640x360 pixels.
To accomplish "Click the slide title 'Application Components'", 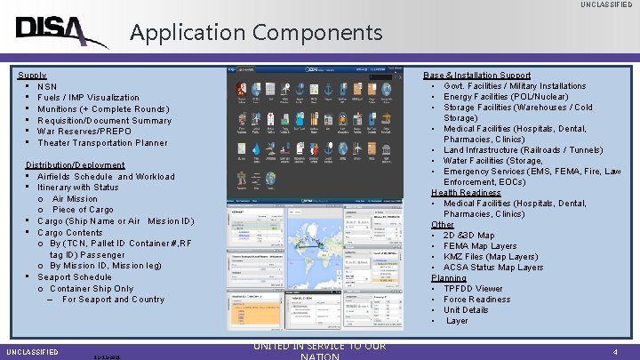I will click(x=256, y=33).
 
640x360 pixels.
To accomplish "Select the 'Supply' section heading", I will click(x=32, y=76).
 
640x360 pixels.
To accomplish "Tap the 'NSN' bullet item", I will click(x=47, y=86).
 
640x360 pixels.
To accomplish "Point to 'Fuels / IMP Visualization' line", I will click(x=88, y=98).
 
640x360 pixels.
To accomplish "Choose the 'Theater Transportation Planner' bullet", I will click(x=102, y=143).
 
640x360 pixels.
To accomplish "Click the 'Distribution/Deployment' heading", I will click(x=76, y=165).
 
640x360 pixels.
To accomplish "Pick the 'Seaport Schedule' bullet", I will click(x=75, y=277).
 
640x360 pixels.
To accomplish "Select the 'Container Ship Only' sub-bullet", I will click(x=92, y=289).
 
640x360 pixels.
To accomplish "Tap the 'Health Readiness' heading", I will click(x=466, y=193).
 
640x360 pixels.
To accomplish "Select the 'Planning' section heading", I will click(x=449, y=278).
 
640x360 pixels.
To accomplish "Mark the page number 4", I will click(x=615, y=352).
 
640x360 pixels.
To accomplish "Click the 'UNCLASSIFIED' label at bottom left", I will click(x=31, y=352).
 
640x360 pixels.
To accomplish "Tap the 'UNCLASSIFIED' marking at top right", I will click(x=607, y=5).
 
